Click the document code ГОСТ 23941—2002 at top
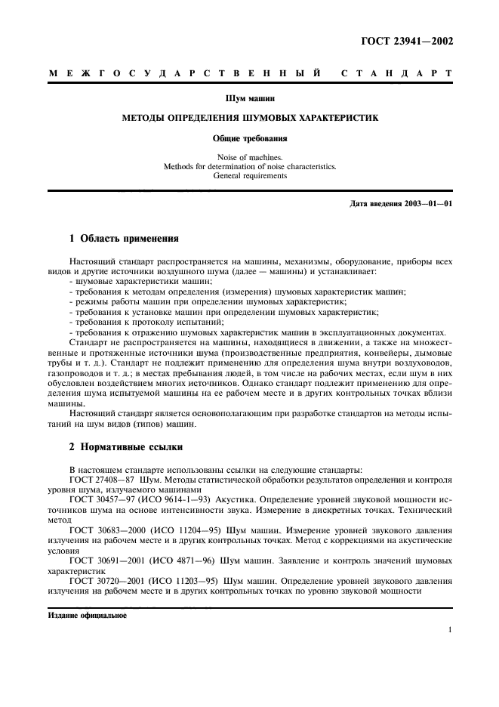tap(408, 42)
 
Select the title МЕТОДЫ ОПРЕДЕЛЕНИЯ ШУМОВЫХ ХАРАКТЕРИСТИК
tap(249, 119)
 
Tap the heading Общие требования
tap(249, 139)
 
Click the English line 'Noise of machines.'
tap(249, 157)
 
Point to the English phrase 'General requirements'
tap(249, 175)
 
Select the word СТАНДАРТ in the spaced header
tap(396, 74)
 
